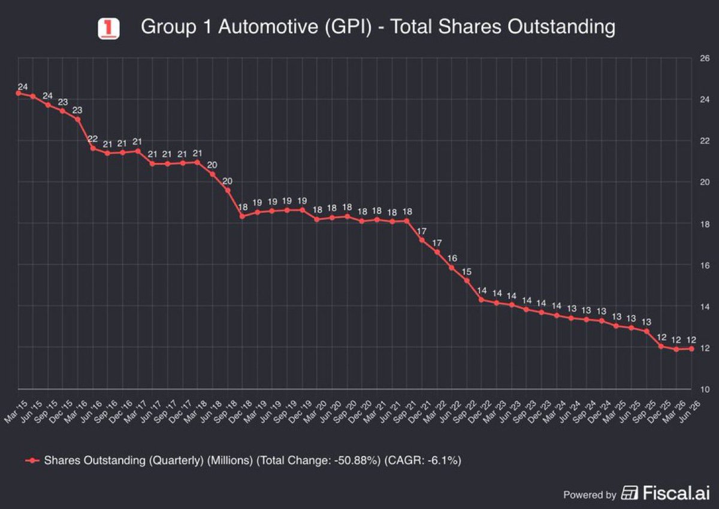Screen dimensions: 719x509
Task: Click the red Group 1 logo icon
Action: point(108,29)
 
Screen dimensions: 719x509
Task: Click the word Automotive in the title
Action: point(268,26)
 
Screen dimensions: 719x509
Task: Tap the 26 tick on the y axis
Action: point(705,58)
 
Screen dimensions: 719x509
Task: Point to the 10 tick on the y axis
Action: point(705,389)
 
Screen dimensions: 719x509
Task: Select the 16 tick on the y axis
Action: point(705,265)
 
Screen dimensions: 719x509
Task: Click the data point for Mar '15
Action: point(19,93)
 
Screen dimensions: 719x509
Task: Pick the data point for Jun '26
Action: point(691,349)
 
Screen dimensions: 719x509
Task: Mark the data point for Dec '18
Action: point(242,217)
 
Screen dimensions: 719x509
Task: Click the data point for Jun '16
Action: point(93,148)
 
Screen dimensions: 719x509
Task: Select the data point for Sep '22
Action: point(467,281)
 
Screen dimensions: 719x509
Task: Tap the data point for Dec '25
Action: point(661,346)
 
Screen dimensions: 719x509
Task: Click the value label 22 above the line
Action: point(92,139)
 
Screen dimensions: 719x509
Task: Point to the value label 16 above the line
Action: point(452,258)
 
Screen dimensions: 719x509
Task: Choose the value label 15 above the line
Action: point(466,272)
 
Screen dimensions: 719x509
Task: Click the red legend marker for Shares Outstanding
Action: point(32,460)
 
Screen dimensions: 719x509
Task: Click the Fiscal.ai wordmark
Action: point(676,492)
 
